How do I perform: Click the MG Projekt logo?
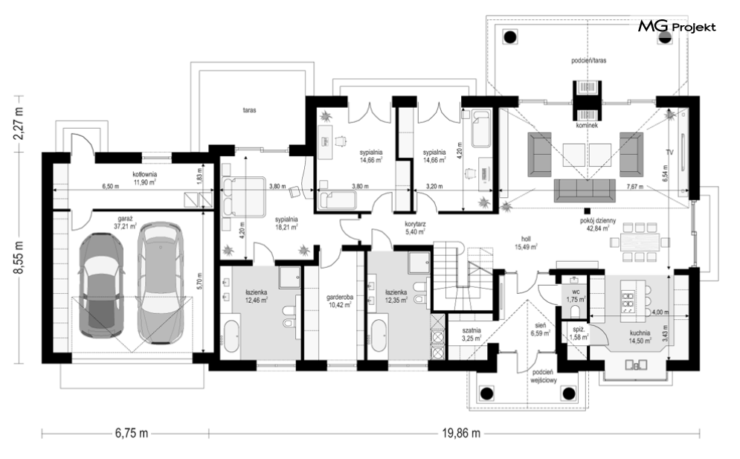677,27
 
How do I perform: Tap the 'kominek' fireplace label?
587,126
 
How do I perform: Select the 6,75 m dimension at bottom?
131,433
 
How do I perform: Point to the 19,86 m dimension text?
461,433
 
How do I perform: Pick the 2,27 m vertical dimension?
19,123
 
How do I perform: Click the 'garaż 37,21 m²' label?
125,222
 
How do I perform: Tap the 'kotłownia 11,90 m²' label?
144,178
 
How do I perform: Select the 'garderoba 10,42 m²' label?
340,301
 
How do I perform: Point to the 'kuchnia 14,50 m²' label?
640,336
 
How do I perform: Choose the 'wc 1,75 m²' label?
576,295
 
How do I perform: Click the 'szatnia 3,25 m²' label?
472,335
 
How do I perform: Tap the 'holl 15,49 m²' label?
527,243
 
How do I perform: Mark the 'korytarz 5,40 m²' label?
415,228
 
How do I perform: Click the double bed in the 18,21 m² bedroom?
243,196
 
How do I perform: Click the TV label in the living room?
669,153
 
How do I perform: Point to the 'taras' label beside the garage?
250,110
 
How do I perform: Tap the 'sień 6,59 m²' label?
541,329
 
